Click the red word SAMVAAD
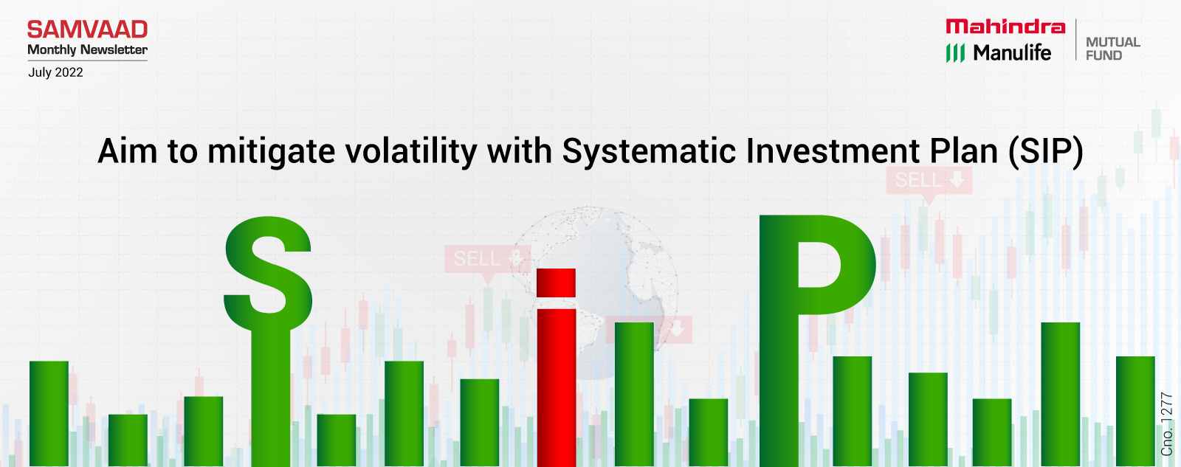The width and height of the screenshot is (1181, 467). tap(88, 30)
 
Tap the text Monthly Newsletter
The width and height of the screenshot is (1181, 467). tap(88, 49)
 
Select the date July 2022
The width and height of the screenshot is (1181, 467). tap(55, 72)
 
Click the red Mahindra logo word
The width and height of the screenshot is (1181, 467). tap(1005, 27)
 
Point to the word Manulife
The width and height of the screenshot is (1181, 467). tap(1012, 52)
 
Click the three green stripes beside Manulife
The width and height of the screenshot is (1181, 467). tap(955, 52)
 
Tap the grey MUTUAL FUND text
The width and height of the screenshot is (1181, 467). tap(1112, 49)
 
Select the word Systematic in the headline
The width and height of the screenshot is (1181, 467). tap(649, 151)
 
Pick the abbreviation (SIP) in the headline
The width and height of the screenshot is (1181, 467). tap(1045, 152)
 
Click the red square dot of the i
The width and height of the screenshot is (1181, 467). tap(556, 283)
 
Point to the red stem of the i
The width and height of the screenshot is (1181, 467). tap(556, 388)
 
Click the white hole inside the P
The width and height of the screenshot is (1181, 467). tap(819, 265)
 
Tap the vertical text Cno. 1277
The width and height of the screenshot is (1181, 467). tap(1166, 424)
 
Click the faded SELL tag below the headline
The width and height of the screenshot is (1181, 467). tap(929, 181)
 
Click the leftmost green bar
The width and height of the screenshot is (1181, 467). tap(49, 414)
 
